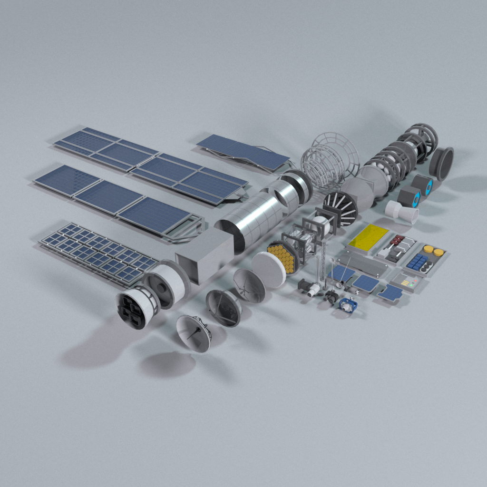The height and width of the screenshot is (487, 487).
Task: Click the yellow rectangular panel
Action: pos(369,237)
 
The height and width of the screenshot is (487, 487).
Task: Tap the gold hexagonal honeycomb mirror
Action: pos(282,257)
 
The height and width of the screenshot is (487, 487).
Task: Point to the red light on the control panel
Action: pos(415,281)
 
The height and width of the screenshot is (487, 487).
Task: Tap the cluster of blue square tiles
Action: pos(418,262)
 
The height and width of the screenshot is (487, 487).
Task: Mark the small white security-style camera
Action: pos(312,290)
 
